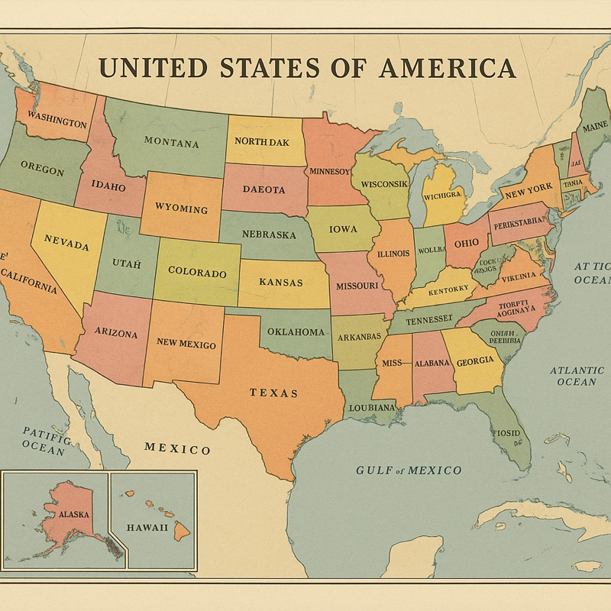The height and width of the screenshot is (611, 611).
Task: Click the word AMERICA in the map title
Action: point(447,68)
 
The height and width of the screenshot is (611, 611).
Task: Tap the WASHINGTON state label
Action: point(57,121)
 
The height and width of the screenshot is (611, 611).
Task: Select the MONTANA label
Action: point(171,142)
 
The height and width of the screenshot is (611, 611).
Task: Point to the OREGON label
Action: point(42,168)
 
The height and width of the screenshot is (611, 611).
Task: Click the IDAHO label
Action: point(108,185)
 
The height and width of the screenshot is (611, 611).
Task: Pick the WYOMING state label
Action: point(181,209)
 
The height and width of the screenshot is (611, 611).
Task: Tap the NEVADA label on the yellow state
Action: point(66,243)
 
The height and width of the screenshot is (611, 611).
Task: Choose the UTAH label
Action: point(127,263)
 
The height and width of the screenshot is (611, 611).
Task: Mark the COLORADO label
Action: point(197,272)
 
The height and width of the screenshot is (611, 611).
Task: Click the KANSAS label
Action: point(280,282)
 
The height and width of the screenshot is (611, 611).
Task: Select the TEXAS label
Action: point(273,393)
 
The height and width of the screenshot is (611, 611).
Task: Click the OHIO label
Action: point(466,243)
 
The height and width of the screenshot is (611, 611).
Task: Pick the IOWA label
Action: point(343,229)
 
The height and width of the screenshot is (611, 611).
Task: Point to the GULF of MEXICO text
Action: point(409,470)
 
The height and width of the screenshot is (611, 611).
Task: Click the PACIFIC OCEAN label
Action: point(44,441)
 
